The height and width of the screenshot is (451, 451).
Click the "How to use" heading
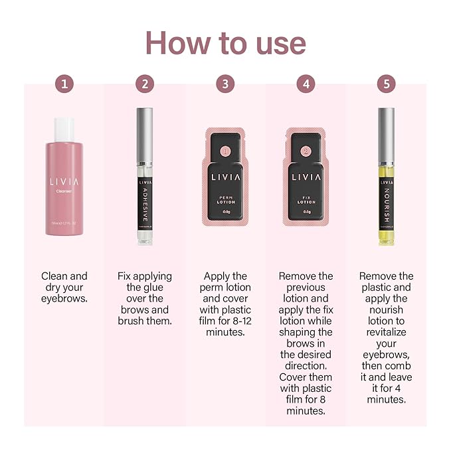coord(225,43)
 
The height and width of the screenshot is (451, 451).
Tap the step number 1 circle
coord(64,84)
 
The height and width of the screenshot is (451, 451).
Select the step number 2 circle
coord(145,84)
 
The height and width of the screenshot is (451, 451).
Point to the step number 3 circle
coord(225,84)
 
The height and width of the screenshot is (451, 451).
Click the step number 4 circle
coord(306,84)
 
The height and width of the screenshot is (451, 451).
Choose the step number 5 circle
coord(386,84)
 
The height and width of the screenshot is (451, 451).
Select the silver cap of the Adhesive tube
coord(145,134)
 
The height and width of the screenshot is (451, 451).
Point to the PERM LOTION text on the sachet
coord(225,202)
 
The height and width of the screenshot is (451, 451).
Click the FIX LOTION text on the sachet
coord(306,202)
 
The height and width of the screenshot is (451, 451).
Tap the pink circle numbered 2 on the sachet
coord(306,151)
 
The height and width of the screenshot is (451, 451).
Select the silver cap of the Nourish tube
coord(386,134)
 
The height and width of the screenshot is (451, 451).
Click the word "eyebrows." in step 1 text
coord(64,299)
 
